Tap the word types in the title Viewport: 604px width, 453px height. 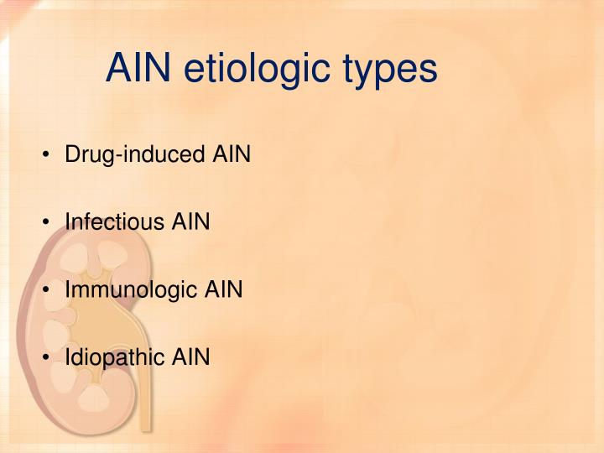(x=390, y=70)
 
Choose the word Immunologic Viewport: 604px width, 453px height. (x=133, y=290)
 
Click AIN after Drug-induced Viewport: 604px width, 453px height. (x=232, y=155)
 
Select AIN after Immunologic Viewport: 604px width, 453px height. (x=224, y=290)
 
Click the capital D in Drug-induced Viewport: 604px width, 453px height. (x=72, y=155)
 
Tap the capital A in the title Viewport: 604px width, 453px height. (x=118, y=69)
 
